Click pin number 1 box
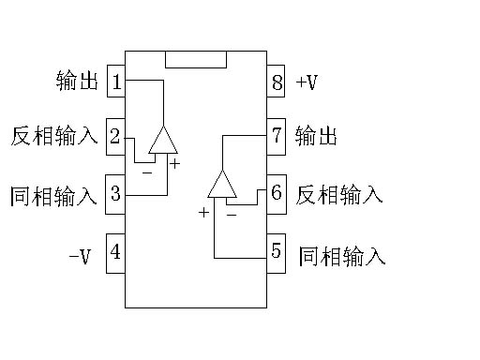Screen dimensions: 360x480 click(x=116, y=82)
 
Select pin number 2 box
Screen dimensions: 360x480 click(x=115, y=137)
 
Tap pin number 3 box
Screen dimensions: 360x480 click(x=115, y=194)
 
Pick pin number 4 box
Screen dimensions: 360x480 click(x=115, y=252)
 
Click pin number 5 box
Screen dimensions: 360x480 click(x=276, y=251)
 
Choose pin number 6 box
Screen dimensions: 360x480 click(x=276, y=194)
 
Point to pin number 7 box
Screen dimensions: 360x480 click(x=276, y=137)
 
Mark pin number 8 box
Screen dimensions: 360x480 click(x=276, y=82)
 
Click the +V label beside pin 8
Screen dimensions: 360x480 click(x=307, y=82)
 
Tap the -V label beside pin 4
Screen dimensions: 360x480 click(x=80, y=254)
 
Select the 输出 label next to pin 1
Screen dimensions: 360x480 click(x=78, y=82)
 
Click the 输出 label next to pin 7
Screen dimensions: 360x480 click(x=316, y=137)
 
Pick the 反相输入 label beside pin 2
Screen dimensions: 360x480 click(x=54, y=137)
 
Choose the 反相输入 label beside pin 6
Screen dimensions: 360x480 click(x=339, y=195)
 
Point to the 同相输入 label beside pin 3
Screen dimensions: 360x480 click(x=54, y=196)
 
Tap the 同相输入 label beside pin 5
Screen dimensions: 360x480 click(x=341, y=255)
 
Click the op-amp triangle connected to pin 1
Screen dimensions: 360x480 click(x=163, y=142)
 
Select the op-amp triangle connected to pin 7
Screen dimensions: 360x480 click(x=222, y=186)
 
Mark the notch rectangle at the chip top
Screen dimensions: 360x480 click(x=195, y=59)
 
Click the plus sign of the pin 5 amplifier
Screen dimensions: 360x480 click(x=203, y=213)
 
